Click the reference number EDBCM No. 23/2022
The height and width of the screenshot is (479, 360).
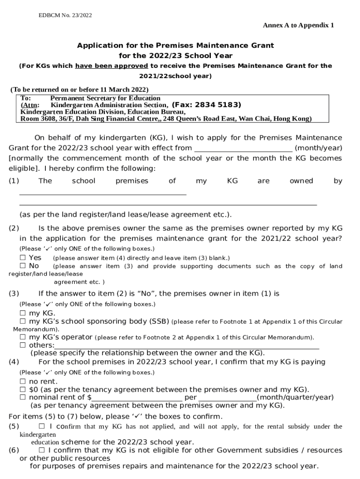(x=65, y=15)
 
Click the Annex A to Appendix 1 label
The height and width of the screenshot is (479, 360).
(x=298, y=25)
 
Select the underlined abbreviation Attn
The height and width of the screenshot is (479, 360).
(x=30, y=105)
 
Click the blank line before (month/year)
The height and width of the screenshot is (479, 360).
(x=243, y=148)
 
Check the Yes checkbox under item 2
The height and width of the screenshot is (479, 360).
(x=22, y=258)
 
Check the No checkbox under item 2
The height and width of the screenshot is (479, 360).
(x=22, y=266)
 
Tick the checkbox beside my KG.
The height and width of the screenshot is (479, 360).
(x=22, y=313)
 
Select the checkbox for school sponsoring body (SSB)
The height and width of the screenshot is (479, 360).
(x=22, y=322)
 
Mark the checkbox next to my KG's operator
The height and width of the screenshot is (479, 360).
(x=22, y=337)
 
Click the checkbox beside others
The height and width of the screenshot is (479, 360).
(x=22, y=345)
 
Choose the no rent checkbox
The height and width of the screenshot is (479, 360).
(x=22, y=381)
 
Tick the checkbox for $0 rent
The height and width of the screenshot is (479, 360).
(x=22, y=389)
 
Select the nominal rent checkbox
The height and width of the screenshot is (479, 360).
(x=22, y=397)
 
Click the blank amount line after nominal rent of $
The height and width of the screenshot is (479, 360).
(x=137, y=398)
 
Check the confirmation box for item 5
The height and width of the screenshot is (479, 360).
(x=42, y=426)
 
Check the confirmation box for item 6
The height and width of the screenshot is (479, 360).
(x=42, y=450)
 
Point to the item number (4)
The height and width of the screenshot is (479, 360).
(x=14, y=362)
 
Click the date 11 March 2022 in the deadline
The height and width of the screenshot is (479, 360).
(x=122, y=89)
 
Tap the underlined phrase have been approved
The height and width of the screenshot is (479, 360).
(x=111, y=66)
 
